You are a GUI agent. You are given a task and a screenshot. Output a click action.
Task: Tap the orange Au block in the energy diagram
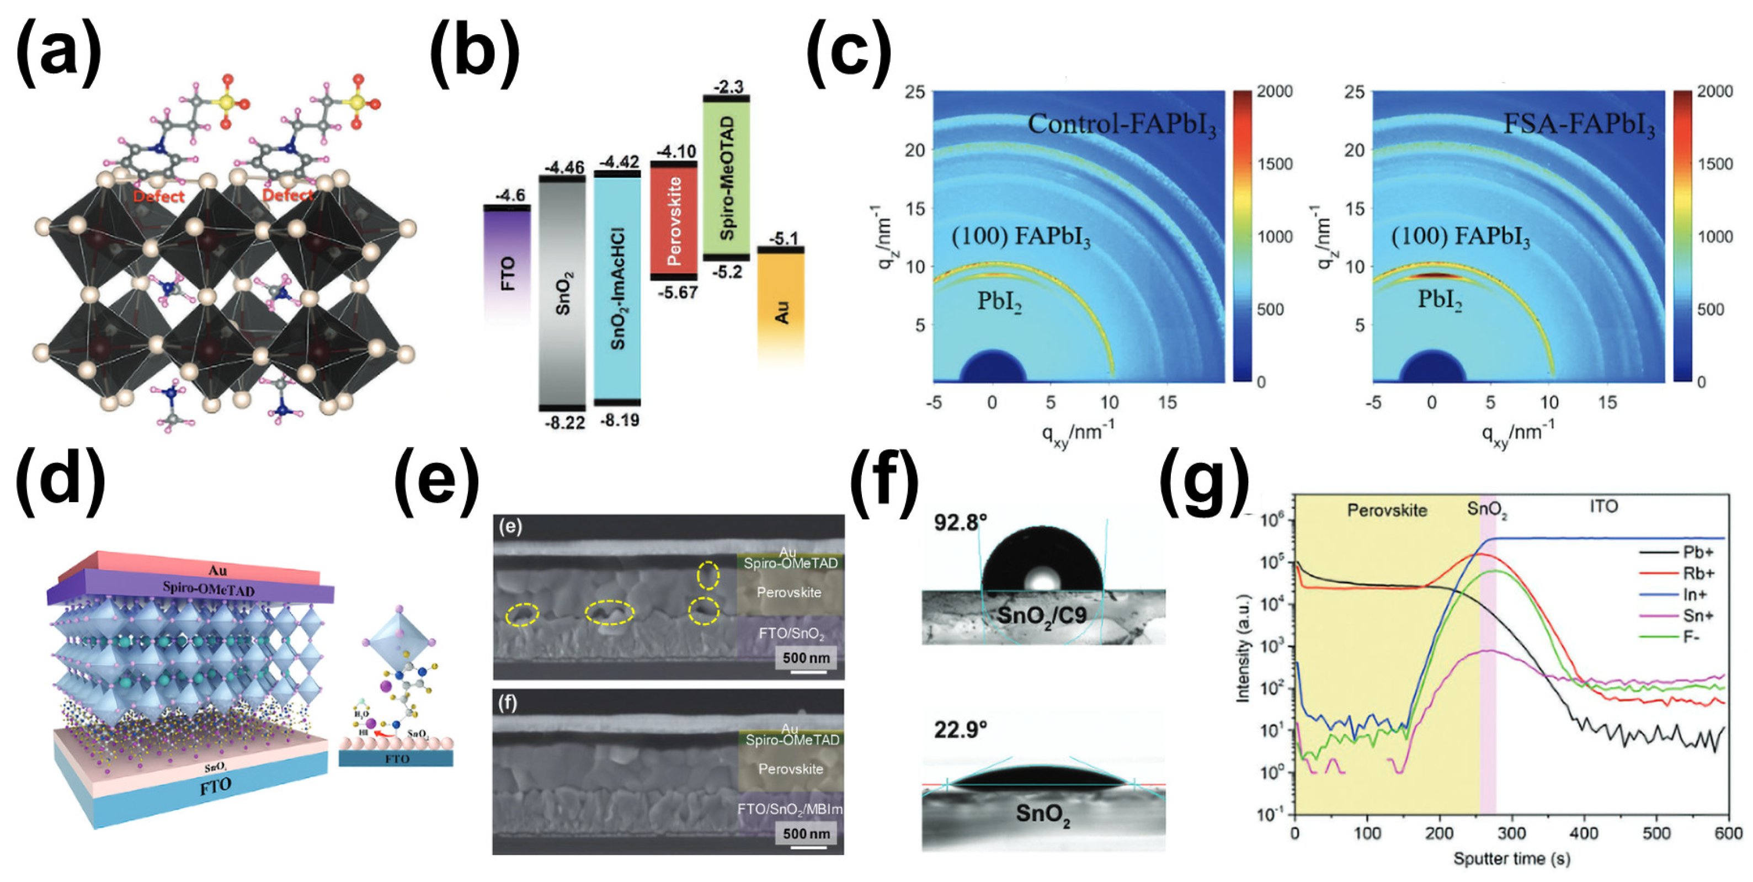point(781,310)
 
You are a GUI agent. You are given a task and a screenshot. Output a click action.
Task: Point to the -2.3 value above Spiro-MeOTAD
point(727,87)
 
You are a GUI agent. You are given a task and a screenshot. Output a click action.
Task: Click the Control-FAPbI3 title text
point(1121,125)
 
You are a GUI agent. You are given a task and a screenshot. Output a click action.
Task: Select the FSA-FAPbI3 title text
point(1578,125)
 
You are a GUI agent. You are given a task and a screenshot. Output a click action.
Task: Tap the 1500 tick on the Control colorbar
point(1274,164)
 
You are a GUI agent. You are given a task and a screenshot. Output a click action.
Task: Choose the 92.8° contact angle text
point(960,523)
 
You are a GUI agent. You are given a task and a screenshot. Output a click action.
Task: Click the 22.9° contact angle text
point(960,730)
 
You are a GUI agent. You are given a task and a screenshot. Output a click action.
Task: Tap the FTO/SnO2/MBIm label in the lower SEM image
point(790,809)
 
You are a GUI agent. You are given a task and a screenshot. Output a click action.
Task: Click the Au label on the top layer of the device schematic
point(218,570)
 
